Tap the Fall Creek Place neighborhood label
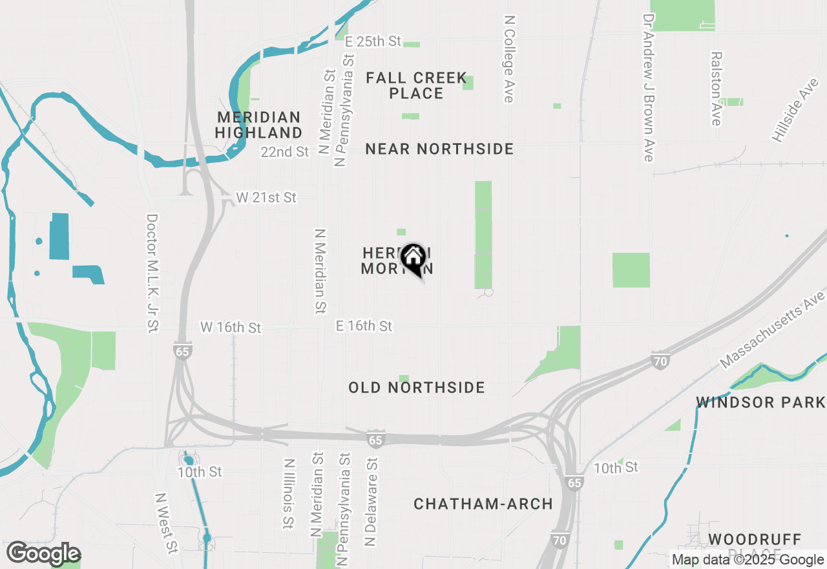click(416, 85)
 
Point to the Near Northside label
click(439, 149)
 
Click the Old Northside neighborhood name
click(417, 387)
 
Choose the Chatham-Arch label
click(483, 504)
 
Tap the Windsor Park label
click(760, 402)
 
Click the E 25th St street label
click(373, 41)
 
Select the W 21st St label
click(266, 198)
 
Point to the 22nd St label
click(285, 152)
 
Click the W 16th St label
click(231, 328)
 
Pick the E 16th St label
click(364, 326)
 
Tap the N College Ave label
click(508, 59)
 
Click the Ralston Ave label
click(716, 89)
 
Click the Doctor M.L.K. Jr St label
click(152, 274)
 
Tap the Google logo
click(43, 554)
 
